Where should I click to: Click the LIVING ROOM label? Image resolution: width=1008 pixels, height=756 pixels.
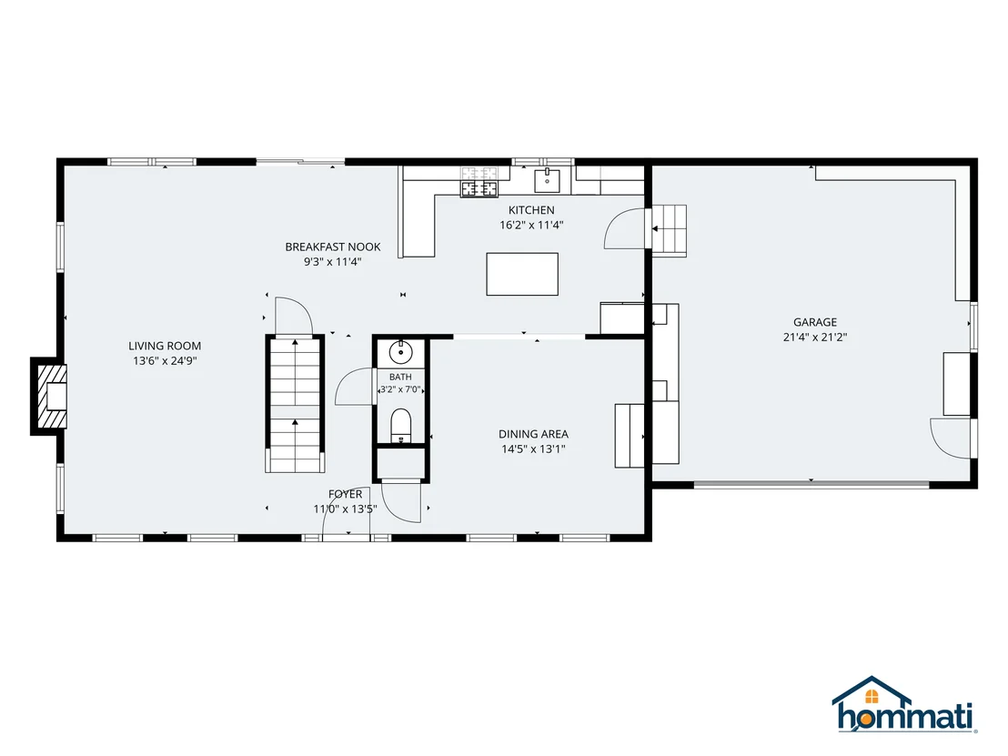pyautogui.click(x=165, y=346)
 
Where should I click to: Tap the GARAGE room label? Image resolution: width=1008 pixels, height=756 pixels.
pyautogui.click(x=814, y=322)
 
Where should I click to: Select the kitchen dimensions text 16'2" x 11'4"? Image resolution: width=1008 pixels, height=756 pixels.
pyautogui.click(x=531, y=225)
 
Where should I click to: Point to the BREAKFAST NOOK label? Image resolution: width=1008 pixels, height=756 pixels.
pyautogui.click(x=332, y=247)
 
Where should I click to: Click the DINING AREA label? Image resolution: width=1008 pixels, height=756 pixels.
pyautogui.click(x=533, y=434)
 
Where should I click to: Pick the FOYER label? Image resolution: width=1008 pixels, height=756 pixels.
pyautogui.click(x=345, y=494)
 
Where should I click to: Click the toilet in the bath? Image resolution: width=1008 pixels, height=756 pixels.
pyautogui.click(x=400, y=426)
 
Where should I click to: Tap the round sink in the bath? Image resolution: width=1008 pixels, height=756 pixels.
pyautogui.click(x=400, y=352)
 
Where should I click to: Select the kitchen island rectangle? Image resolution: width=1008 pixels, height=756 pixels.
pyautogui.click(x=522, y=274)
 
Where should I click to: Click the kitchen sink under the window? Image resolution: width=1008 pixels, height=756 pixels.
pyautogui.click(x=547, y=181)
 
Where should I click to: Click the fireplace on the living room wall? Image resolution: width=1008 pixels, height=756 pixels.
pyautogui.click(x=50, y=397)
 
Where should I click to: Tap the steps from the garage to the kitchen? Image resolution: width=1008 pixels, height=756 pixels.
pyautogui.click(x=670, y=231)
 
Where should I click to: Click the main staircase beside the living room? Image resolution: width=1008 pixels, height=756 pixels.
pyautogui.click(x=295, y=404)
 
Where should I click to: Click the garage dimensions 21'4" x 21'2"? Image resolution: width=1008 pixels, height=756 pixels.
pyautogui.click(x=814, y=337)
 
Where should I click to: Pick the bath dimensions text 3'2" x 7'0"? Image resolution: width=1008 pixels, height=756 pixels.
pyautogui.click(x=400, y=389)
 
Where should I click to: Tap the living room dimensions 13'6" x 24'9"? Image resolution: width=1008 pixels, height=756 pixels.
pyautogui.click(x=165, y=361)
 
